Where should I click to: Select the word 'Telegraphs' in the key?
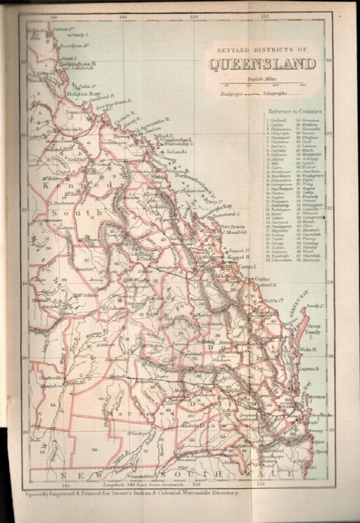(x=276, y=93)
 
